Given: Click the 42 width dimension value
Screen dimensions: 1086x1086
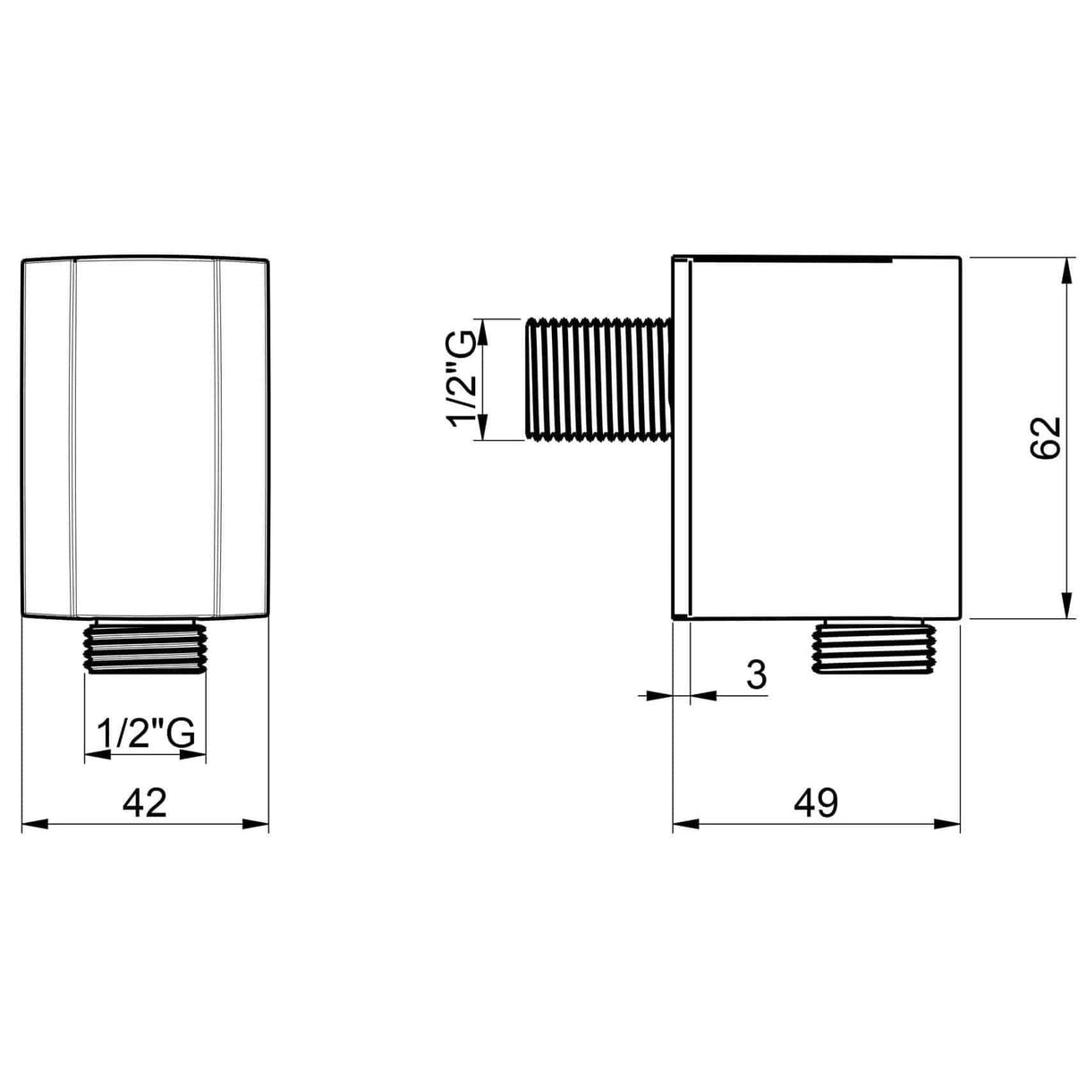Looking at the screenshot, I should tap(145, 802).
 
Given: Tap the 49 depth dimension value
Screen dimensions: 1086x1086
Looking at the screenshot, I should tap(815, 802).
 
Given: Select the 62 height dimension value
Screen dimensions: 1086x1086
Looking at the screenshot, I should tap(1045, 437).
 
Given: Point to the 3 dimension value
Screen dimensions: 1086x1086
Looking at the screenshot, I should tap(756, 675).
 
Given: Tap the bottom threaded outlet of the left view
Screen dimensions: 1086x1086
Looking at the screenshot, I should tap(145, 645).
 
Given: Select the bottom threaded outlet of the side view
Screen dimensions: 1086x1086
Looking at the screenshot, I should tap(872, 647).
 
